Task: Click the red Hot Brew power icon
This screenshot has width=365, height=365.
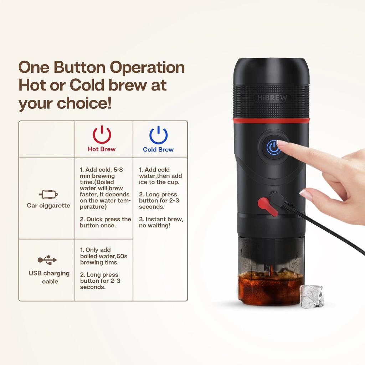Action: pos(102,135)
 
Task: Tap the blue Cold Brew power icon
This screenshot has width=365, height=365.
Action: pos(158,135)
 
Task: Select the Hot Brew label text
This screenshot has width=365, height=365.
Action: pos(102,149)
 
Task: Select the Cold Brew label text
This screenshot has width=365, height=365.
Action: pos(158,150)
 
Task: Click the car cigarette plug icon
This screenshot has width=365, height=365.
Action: pos(48,195)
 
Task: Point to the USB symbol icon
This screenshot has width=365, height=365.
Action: pos(47,260)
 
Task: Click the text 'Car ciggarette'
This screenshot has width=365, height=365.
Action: pos(48,206)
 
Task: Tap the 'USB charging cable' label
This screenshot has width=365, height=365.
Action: pos(49,277)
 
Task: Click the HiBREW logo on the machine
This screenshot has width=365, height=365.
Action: pos(272,98)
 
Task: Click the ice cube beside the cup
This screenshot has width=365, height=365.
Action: pos(312,296)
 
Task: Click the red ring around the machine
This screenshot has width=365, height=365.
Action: pos(271,120)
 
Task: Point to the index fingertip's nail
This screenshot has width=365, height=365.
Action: pos(283,143)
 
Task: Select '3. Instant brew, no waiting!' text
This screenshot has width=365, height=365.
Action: pos(161,222)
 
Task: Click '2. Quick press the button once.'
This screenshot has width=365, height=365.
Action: pos(105,222)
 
